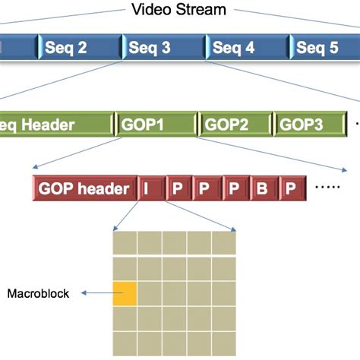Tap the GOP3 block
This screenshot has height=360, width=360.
[x=309, y=123]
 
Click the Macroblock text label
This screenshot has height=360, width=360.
[x=38, y=292]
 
